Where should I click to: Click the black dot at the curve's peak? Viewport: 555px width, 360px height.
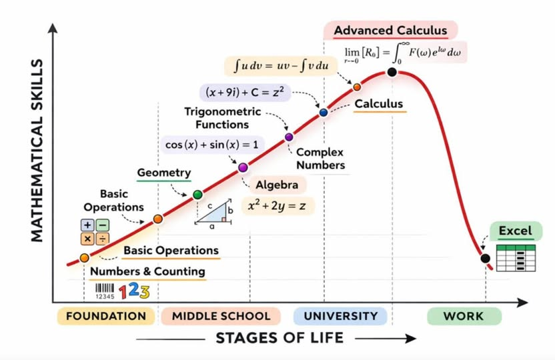click(392, 72)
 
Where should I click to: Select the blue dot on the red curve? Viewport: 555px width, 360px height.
click(324, 113)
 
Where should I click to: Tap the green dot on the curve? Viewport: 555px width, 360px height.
click(198, 195)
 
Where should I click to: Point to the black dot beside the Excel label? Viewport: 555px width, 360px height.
click(485, 258)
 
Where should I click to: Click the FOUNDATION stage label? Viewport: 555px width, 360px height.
click(106, 316)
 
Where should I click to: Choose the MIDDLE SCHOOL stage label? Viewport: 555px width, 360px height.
click(221, 316)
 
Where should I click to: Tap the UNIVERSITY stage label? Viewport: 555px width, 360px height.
click(340, 316)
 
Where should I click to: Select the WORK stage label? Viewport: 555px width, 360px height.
click(464, 316)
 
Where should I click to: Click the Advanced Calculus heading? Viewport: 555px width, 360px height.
click(390, 31)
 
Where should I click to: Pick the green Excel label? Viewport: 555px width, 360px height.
click(516, 231)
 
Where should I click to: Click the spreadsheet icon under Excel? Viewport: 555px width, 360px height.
click(516, 258)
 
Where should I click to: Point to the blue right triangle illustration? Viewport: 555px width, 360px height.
click(213, 213)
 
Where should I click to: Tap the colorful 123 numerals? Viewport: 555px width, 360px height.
click(134, 291)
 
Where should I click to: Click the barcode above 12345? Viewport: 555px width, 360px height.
click(105, 288)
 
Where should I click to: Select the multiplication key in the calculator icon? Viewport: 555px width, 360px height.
click(87, 239)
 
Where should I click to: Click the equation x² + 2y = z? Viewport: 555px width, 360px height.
click(277, 205)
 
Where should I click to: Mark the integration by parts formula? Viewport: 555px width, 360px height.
click(282, 66)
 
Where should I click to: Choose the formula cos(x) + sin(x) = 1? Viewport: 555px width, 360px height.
click(211, 145)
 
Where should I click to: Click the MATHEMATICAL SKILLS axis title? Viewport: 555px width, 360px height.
click(37, 150)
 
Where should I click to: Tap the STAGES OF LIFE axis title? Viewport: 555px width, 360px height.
click(280, 338)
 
